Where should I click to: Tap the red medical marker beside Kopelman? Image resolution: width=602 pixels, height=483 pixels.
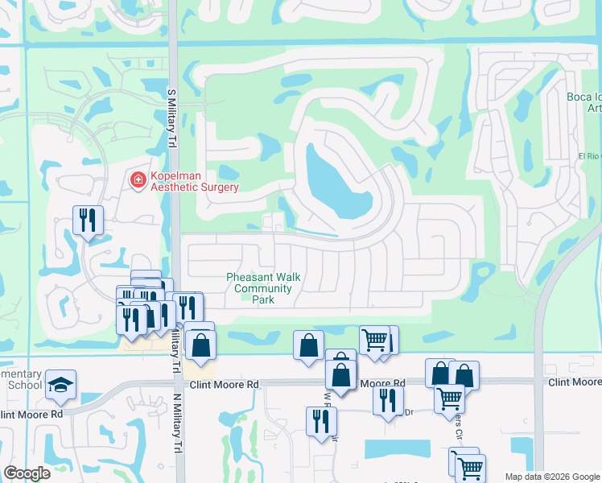[138, 179]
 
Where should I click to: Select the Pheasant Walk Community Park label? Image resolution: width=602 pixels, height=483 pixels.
[263, 288]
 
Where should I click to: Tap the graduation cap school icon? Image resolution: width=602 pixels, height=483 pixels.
[60, 386]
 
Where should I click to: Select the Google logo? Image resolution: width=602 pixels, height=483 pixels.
[27, 473]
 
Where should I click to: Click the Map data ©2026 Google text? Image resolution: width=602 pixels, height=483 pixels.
[552, 477]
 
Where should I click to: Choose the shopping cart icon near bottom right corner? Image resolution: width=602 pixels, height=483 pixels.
[468, 466]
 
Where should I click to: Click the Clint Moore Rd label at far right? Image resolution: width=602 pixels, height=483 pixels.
[575, 382]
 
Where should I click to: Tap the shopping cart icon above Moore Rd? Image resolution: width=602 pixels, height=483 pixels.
[374, 340]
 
